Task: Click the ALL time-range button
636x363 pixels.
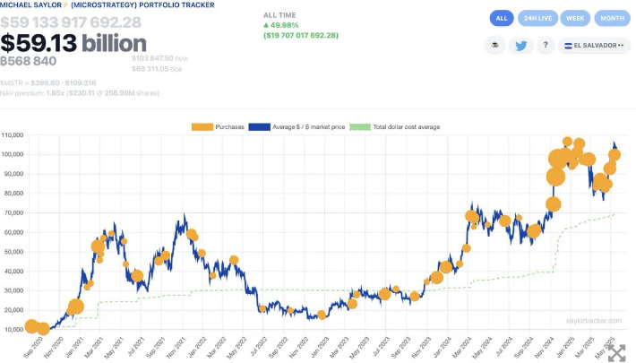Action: click(x=501, y=18)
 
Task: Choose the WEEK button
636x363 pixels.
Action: click(x=576, y=18)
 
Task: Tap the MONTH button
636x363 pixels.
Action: click(x=613, y=18)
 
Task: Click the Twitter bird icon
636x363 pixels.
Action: click(x=521, y=46)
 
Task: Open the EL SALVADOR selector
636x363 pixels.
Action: click(x=593, y=46)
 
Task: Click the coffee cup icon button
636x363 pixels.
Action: click(x=494, y=46)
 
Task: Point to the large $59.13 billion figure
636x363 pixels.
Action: click(x=73, y=43)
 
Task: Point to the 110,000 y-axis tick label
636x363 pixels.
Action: click(x=13, y=135)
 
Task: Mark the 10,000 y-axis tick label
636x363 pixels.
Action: click(x=13, y=330)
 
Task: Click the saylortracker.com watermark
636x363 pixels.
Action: click(x=593, y=319)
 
